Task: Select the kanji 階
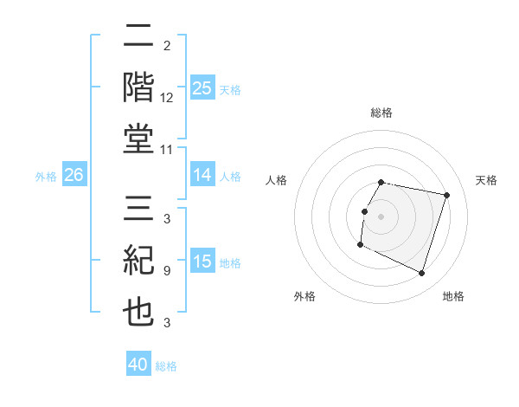[x=139, y=88]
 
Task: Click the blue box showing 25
[x=202, y=88]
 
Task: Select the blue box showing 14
[x=202, y=176]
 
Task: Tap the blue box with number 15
[x=202, y=262]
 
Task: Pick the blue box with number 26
[x=74, y=176]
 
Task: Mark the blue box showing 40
[x=138, y=365]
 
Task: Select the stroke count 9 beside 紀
[x=166, y=271]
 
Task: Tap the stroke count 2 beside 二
[x=166, y=45]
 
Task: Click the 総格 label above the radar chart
[x=381, y=113]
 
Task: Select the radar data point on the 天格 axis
[x=446, y=196]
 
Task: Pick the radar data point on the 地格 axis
[x=421, y=274]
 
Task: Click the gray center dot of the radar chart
[x=381, y=216]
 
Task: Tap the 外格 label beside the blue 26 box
[x=46, y=177]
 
